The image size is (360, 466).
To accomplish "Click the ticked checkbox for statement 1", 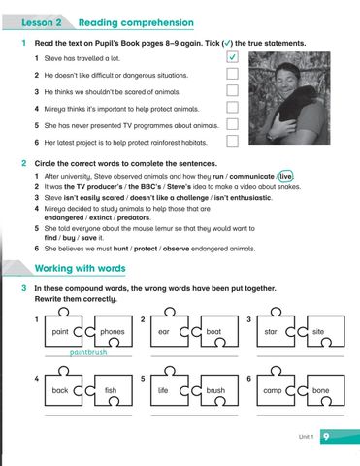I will click(232, 59).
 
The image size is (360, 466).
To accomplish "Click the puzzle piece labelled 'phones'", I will click(113, 332).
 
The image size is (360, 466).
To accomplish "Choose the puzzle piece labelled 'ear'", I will click(165, 332).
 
